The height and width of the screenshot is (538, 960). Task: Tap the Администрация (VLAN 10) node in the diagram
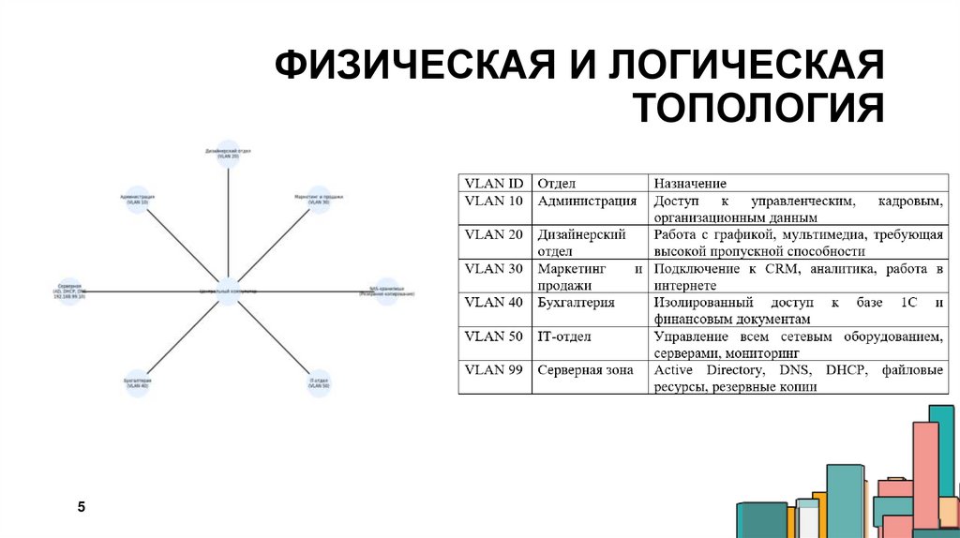tap(137, 199)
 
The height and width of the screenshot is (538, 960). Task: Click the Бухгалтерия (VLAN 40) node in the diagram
tap(137, 382)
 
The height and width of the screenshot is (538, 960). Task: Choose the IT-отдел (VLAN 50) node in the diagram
tap(319, 382)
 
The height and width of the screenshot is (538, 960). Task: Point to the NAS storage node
tap(386, 291)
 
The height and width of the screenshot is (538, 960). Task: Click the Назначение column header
tap(690, 184)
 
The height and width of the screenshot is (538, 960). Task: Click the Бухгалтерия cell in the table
tap(576, 303)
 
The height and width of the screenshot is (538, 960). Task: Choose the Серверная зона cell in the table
tap(585, 370)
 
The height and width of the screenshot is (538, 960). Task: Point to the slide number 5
tap(82, 507)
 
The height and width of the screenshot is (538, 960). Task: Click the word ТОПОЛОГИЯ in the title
tap(760, 108)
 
